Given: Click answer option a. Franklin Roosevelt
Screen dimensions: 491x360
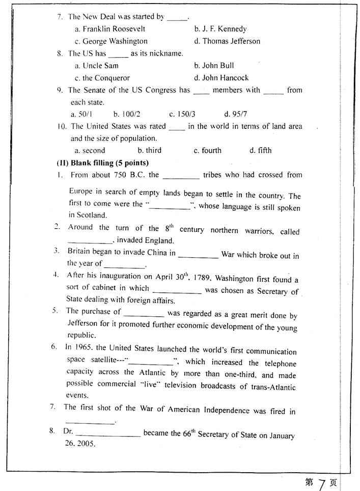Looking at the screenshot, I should [x=110, y=29].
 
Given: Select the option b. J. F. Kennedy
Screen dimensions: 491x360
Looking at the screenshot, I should [x=220, y=29].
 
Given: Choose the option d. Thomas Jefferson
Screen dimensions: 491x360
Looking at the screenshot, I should [x=227, y=41].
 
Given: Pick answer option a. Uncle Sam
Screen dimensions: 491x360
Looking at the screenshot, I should [x=97, y=66].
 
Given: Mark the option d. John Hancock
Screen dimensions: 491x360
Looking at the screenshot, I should [x=221, y=78].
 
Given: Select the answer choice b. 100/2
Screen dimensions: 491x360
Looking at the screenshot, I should [x=123, y=114].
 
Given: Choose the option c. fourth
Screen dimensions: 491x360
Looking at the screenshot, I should [x=207, y=150].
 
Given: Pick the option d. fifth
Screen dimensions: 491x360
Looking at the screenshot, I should [x=260, y=150].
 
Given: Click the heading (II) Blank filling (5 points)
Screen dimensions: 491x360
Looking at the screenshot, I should [x=102, y=163].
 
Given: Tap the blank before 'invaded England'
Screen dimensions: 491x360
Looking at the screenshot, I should [x=90, y=241].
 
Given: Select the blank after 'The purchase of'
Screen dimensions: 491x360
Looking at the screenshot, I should [x=144, y=314].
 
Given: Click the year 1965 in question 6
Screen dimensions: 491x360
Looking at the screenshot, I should [x=84, y=347].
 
